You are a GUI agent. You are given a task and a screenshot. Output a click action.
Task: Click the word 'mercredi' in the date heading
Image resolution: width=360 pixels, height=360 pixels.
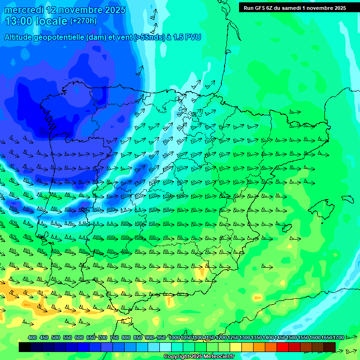pos(23,10)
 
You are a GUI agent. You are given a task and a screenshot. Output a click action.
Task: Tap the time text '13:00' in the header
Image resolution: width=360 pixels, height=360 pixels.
pos(19,21)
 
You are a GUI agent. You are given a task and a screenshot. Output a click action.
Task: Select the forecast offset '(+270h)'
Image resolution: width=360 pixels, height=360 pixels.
pos(83,21)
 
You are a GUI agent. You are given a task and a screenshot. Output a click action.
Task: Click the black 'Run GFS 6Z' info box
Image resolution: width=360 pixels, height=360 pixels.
pos(294,8)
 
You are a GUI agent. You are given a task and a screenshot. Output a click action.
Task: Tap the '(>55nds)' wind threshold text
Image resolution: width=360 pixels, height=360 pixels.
pos(149,37)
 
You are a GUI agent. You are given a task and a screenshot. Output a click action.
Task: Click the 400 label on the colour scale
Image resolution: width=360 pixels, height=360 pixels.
pos(32,337)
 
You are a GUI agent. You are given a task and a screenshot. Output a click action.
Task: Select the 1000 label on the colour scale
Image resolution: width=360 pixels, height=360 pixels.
pos(174,337)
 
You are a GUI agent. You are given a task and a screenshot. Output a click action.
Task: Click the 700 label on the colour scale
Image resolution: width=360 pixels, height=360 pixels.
pos(103,337)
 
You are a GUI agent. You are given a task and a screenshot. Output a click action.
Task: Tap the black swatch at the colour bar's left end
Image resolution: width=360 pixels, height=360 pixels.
pos(25,347)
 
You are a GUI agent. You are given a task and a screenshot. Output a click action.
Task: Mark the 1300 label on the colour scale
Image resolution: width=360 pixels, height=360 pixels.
pos(245,337)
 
